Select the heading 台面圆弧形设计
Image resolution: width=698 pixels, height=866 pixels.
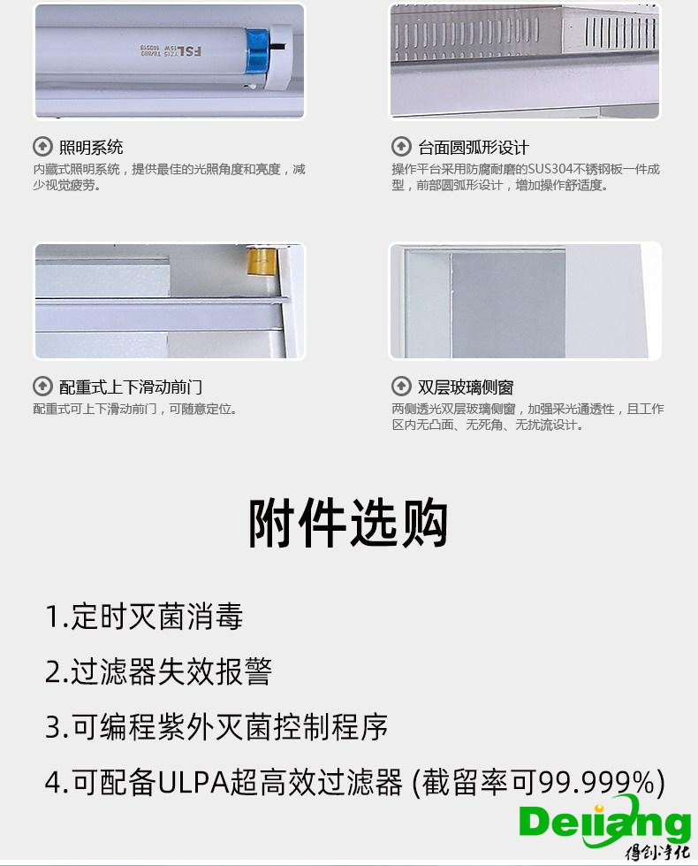pyautogui.click(x=473, y=147)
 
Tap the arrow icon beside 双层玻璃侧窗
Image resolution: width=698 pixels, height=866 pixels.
pyautogui.click(x=401, y=387)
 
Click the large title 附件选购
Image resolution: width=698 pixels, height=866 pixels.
pyautogui.click(x=348, y=524)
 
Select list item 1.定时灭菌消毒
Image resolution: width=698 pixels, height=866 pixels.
pyautogui.click(x=144, y=617)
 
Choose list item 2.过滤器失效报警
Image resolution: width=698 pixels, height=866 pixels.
pyautogui.click(x=158, y=671)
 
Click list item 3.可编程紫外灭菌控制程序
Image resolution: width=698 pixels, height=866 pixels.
pyautogui.click(x=216, y=727)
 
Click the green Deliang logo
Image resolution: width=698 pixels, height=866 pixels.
pyautogui.click(x=604, y=824)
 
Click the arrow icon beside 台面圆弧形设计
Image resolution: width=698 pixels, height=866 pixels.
pyautogui.click(x=401, y=147)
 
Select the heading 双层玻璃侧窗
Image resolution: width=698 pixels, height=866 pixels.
pyautogui.click(x=466, y=387)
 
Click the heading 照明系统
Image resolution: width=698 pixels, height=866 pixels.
pyautogui.click(x=91, y=147)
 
